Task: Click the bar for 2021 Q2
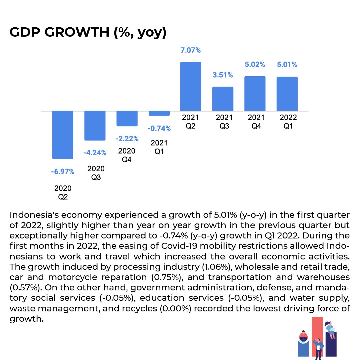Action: (x=191, y=87)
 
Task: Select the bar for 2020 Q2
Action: (x=63, y=135)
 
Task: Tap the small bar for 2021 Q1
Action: (x=159, y=114)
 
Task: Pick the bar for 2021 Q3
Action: (x=223, y=99)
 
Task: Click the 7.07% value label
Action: (x=191, y=51)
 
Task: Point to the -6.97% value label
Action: (x=63, y=172)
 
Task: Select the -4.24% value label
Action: (x=95, y=153)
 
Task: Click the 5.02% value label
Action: (x=255, y=65)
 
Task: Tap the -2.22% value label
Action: (x=127, y=139)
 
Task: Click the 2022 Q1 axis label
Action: (x=288, y=122)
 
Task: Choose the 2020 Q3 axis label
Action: (x=96, y=173)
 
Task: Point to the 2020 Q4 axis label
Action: (x=127, y=155)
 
